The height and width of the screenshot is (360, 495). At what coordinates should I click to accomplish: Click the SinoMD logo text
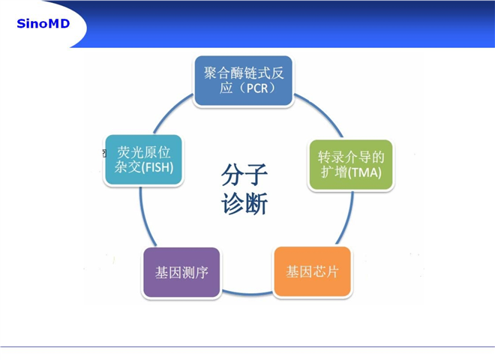(43, 24)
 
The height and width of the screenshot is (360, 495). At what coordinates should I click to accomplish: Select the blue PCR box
(244, 81)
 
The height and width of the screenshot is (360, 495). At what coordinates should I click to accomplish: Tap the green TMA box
(351, 165)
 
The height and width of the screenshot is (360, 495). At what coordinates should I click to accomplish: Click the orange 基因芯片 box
(313, 271)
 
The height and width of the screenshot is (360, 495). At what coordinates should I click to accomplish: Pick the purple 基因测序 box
(181, 272)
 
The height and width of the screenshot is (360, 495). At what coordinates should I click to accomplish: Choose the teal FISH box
(144, 160)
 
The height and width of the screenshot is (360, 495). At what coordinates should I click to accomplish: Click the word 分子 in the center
(244, 175)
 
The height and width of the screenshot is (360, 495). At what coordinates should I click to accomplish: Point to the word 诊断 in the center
(244, 203)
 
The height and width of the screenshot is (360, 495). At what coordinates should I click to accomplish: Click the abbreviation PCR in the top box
(257, 88)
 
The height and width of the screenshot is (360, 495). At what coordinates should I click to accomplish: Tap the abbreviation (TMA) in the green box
(364, 172)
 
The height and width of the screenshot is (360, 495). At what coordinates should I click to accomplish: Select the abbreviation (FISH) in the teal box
(157, 167)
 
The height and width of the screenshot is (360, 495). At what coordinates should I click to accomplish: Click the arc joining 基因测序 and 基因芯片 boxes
(247, 293)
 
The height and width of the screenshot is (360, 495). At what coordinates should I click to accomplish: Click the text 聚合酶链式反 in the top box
(244, 73)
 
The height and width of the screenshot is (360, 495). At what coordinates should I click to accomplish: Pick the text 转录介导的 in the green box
(351, 157)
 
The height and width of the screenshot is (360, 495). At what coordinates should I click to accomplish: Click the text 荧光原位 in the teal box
(144, 152)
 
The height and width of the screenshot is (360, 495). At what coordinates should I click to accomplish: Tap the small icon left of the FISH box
(103, 153)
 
